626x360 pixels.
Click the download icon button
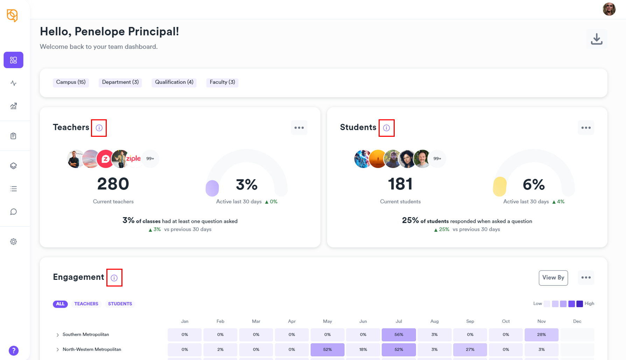[x=597, y=39]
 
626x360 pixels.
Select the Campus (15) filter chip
[x=71, y=82]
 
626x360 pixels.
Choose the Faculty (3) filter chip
[x=222, y=82]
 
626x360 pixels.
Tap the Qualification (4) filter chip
[x=174, y=82]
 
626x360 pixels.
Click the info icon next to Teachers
[x=99, y=128]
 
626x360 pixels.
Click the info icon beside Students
[x=386, y=128]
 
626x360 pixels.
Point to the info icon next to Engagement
[x=114, y=278]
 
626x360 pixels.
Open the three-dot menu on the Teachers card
[x=299, y=128]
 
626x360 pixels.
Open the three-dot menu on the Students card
[x=586, y=128]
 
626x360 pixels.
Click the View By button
[x=553, y=278]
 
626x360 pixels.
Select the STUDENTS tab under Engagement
[x=120, y=304]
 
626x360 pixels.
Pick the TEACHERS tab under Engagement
[x=86, y=304]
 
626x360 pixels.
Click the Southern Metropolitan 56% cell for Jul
[x=399, y=335]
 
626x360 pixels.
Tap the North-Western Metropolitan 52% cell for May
[x=327, y=350]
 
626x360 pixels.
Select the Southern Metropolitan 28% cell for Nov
[x=541, y=335]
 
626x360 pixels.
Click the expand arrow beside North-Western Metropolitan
[x=58, y=350]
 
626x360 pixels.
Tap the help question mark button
[x=14, y=351]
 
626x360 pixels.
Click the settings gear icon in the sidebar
[x=14, y=242]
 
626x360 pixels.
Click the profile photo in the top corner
[x=609, y=9]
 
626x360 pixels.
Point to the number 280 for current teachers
[x=113, y=184]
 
